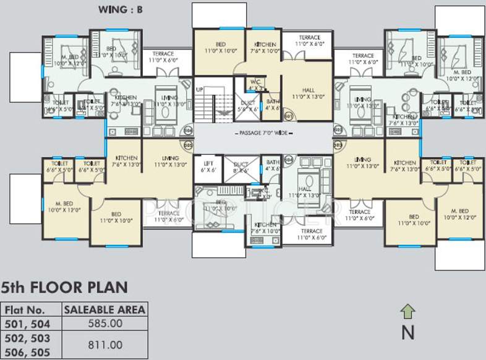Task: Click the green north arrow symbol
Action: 407,311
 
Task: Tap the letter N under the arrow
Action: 407,333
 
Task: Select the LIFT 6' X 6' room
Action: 208,167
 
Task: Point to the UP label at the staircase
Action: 199,90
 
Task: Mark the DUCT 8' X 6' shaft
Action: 241,167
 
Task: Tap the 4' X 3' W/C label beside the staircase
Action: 255,85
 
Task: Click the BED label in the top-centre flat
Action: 220,47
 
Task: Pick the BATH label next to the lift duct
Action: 273,165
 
